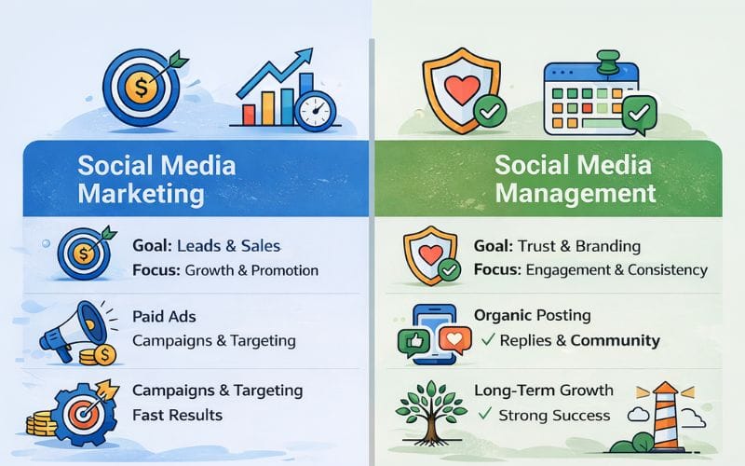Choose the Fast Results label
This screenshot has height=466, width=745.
point(177,413)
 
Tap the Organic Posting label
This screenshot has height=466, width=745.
point(532,315)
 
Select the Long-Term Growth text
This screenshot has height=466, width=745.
point(543,390)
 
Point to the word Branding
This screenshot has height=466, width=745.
point(606,246)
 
